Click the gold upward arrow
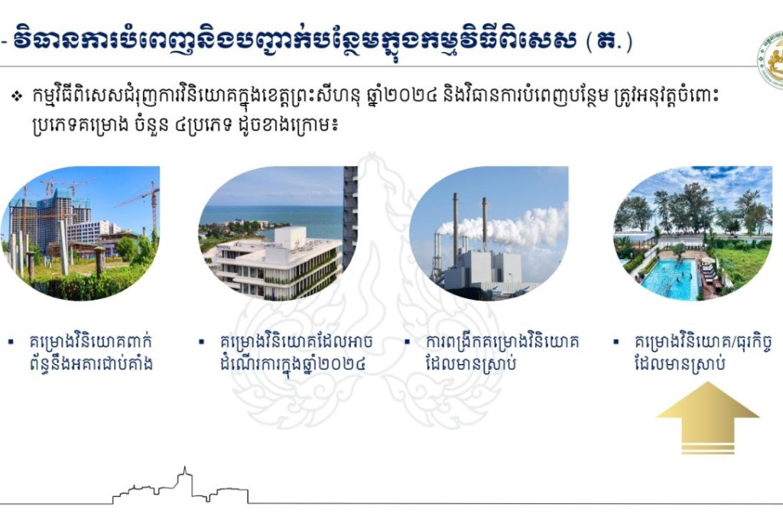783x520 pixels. [707, 418]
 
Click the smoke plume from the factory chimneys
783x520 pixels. [515, 227]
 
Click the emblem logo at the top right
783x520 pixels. [771, 60]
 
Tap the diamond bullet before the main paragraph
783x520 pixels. [18, 96]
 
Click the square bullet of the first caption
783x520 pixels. [11, 342]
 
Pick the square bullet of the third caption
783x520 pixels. [408, 342]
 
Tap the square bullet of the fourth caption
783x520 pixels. [616, 342]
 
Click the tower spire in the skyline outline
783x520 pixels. [185, 472]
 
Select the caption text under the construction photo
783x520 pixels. [90, 353]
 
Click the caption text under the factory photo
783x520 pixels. [502, 353]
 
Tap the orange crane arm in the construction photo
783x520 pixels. [135, 198]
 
